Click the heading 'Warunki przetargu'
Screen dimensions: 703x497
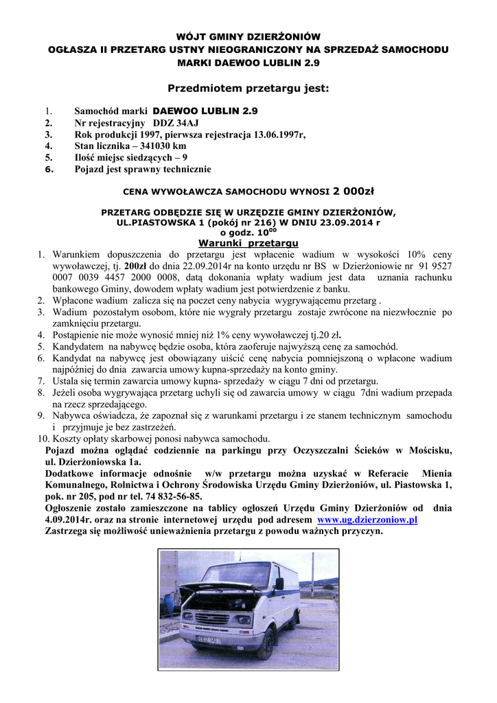point(248,243)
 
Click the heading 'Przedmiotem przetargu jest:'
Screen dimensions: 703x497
point(248,89)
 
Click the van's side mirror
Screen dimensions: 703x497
point(279,584)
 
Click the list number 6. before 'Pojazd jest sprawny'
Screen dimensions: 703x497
point(49,170)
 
